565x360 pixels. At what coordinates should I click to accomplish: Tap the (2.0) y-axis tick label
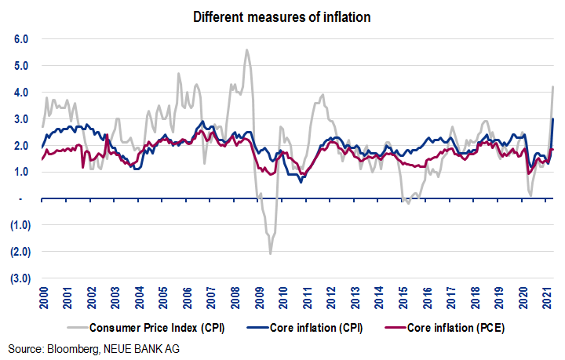click(x=18, y=252)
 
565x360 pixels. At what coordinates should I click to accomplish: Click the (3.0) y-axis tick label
click(x=18, y=278)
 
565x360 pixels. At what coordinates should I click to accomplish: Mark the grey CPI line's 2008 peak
click(x=247, y=50)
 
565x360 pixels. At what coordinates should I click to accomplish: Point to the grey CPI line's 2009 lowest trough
click(x=271, y=253)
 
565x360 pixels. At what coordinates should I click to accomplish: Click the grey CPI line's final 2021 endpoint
click(x=553, y=86)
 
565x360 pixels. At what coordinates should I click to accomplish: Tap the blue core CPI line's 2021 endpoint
click(x=553, y=118)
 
